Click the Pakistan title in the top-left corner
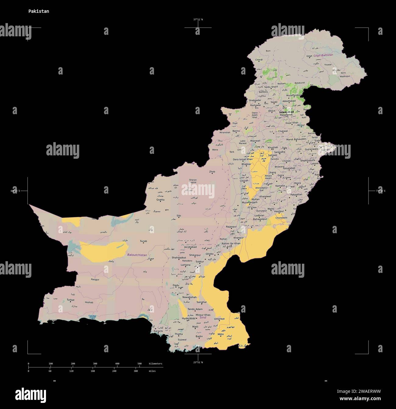pyautogui.click(x=39, y=11)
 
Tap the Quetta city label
pyautogui.click(x=160, y=200)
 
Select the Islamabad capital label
pyautogui.click(x=286, y=112)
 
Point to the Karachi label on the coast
pyautogui.click(x=158, y=331)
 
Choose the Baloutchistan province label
pyautogui.click(x=137, y=255)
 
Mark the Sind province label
pyautogui.click(x=203, y=318)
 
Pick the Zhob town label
pyautogui.click(x=212, y=172)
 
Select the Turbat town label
pyautogui.click(x=71, y=300)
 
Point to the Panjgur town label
pyautogui.click(x=95, y=279)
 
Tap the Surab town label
pyautogui.click(x=143, y=241)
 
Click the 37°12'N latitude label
pyautogui.click(x=198, y=20)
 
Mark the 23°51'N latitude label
pyautogui.click(x=198, y=362)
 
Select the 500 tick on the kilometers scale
pyautogui.click(x=140, y=364)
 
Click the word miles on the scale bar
pyautogui.click(x=152, y=371)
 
